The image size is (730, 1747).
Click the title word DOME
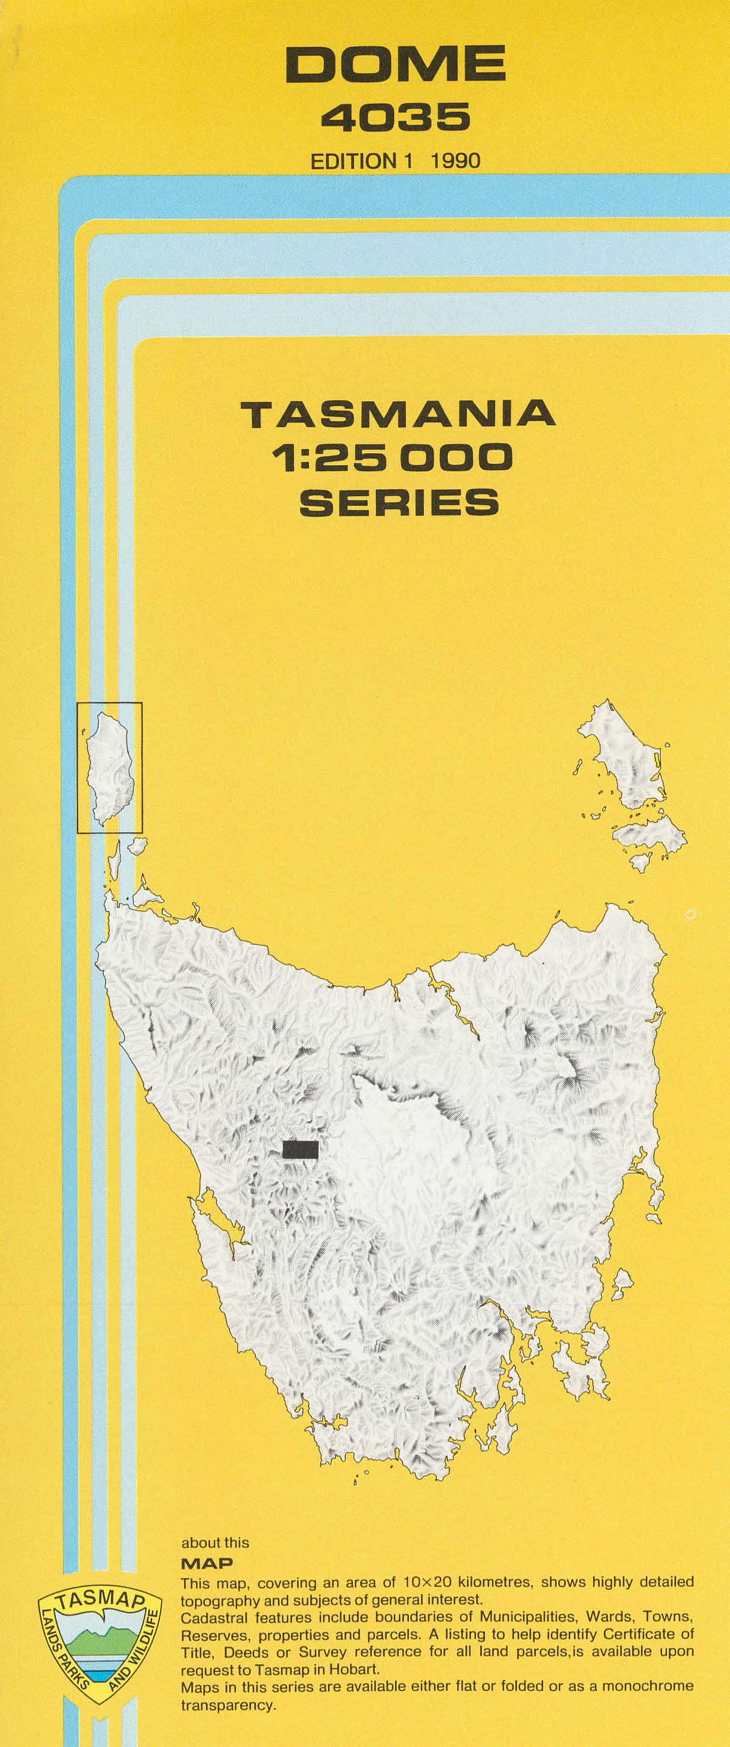(x=396, y=65)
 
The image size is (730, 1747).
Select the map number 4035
(x=396, y=117)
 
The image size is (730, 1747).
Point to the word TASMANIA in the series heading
(x=399, y=415)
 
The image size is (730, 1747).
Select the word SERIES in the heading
(x=399, y=503)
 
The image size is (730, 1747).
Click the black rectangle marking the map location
(x=300, y=1149)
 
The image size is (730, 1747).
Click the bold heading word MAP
(x=207, y=1564)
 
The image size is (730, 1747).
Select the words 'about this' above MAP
(x=214, y=1543)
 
